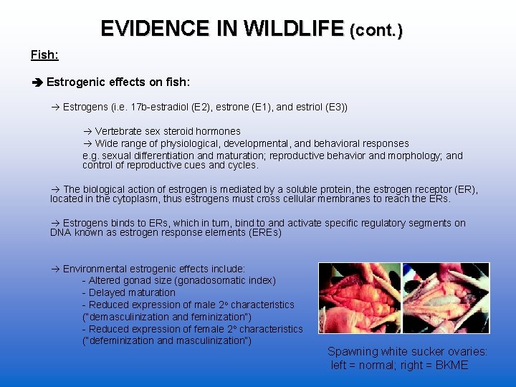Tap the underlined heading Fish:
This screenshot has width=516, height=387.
pos(44,55)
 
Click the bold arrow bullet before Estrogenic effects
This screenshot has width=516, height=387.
pos(37,82)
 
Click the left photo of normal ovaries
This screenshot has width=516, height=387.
pos(360,297)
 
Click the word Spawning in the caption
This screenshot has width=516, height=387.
pos(351,352)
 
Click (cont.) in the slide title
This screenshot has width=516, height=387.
pos(376,31)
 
